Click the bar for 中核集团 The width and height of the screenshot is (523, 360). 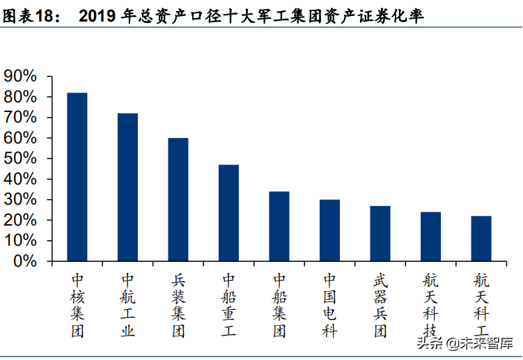[77, 177]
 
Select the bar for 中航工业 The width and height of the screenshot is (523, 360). [127, 187]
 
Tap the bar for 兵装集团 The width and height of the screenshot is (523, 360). [178, 200]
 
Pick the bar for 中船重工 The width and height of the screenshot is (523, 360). [228, 213]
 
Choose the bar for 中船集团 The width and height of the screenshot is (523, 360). [279, 226]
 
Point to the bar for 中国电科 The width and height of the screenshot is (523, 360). [329, 230]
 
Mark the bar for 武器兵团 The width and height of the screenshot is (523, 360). [380, 233]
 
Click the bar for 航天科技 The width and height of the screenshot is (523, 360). [430, 237]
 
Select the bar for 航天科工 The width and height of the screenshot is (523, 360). [481, 239]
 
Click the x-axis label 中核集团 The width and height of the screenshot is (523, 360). [77, 305]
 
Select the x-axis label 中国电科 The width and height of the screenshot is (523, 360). [329, 305]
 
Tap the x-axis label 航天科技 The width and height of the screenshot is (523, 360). [430, 305]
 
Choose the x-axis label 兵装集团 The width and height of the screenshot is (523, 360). [178, 305]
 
